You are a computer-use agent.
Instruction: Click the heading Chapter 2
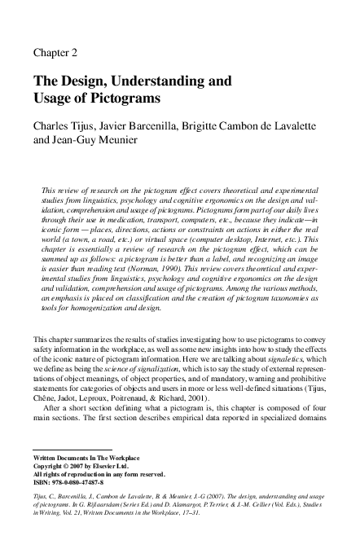tap(55, 53)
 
